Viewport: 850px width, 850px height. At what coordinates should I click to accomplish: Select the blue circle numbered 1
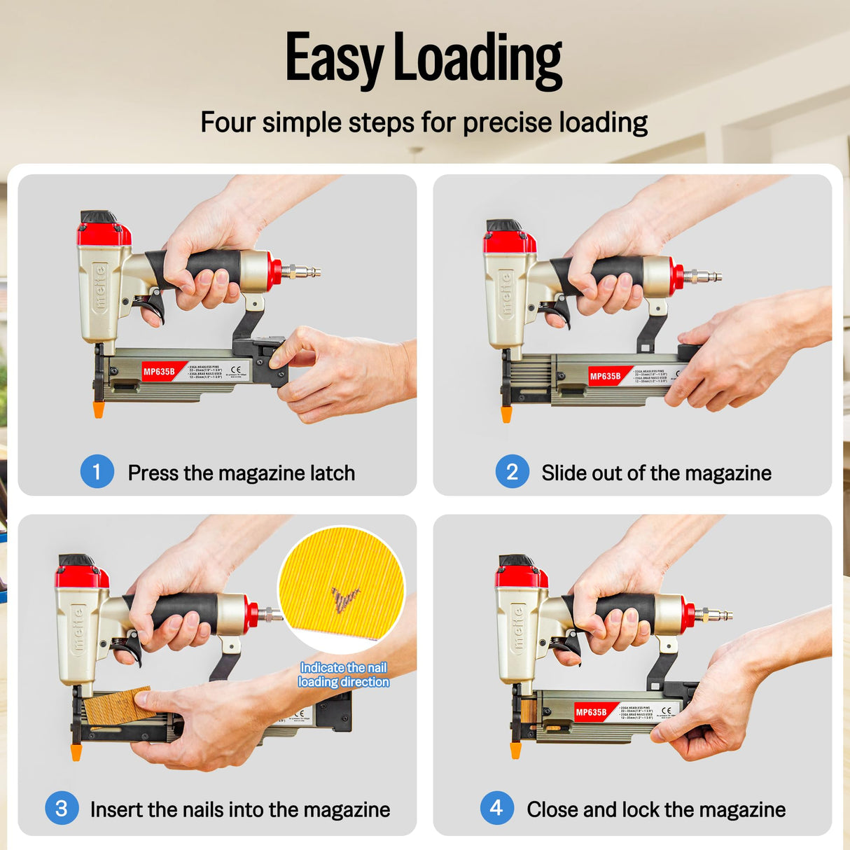coord(97,471)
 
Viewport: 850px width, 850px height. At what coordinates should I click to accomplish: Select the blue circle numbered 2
coord(512,471)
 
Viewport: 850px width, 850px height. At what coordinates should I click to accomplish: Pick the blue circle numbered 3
coord(62,808)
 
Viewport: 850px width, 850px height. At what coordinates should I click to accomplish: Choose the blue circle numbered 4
coord(496,808)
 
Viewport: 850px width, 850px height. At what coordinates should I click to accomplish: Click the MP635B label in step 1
coord(160,372)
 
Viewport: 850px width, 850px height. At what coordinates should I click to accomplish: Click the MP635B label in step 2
coord(605,376)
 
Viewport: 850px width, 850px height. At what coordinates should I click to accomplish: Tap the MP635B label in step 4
coord(591,712)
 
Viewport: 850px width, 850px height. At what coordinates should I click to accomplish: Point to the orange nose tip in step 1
coord(99,409)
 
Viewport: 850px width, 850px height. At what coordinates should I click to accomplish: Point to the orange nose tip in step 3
coord(76,753)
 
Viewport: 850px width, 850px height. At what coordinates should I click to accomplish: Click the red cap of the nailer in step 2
coord(509,242)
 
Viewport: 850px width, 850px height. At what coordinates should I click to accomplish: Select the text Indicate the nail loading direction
coord(343,675)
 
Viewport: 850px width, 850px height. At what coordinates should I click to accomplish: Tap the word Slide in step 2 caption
coord(564,473)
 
